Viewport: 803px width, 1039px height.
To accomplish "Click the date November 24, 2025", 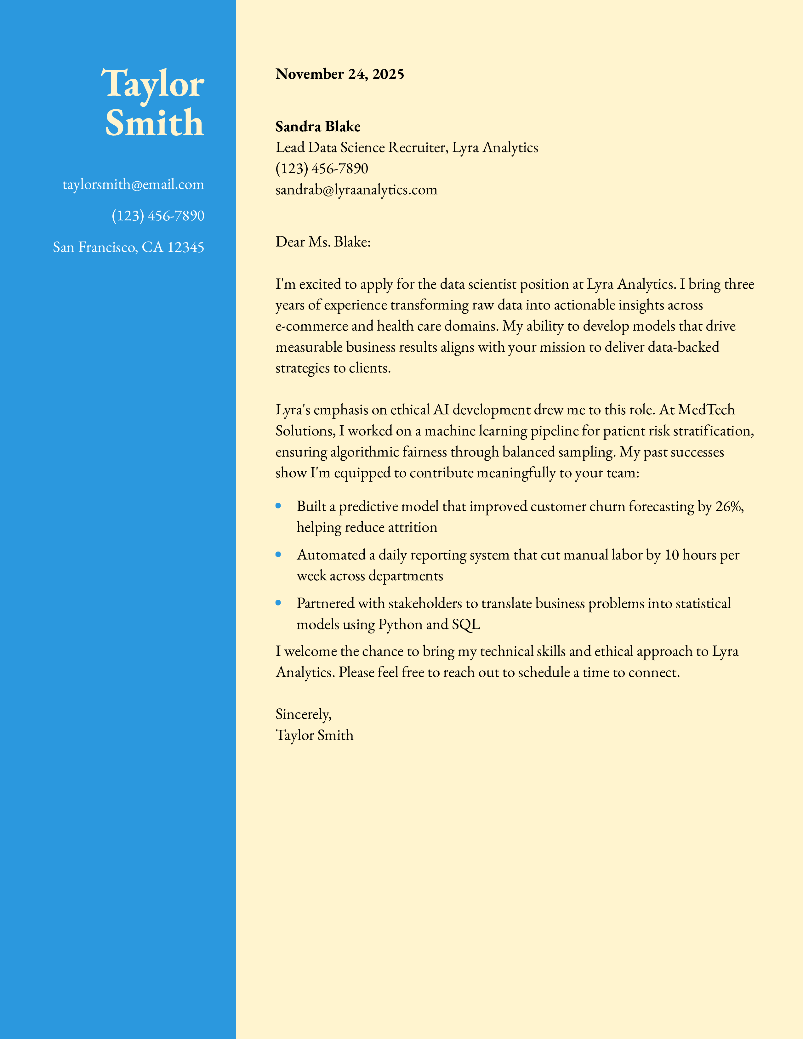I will coord(340,74).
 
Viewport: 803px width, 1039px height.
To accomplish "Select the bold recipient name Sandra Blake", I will coord(318,127).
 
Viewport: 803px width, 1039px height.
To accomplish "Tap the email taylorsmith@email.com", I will coord(133,185).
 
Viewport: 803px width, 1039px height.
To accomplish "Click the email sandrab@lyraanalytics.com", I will coord(356,190).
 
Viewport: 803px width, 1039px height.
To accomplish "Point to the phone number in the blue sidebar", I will coord(158,216).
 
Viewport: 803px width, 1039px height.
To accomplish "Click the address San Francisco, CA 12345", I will coord(128,247).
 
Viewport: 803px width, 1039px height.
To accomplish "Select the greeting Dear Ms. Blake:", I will coord(323,242).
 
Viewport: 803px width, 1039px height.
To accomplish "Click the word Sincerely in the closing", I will coord(303,714).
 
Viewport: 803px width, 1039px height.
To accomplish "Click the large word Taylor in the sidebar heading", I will coord(153,84).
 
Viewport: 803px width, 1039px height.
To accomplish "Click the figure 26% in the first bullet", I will coord(729,507).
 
